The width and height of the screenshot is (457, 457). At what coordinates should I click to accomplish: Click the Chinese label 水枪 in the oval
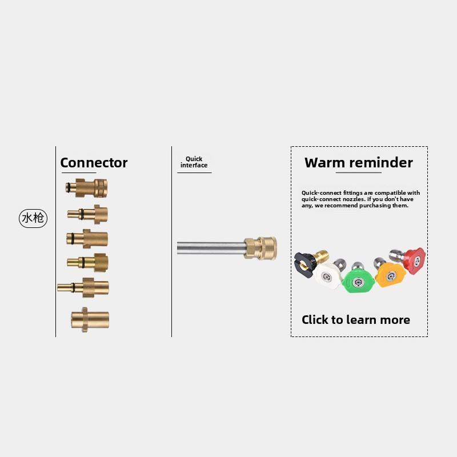[33, 218]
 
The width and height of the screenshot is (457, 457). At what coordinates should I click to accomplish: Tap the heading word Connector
[94, 163]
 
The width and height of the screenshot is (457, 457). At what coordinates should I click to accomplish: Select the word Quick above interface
[194, 159]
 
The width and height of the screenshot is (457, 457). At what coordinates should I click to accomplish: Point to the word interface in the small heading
[194, 165]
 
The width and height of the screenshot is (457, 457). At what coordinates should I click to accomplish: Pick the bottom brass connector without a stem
[90, 319]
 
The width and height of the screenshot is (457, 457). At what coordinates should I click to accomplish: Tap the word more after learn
[396, 320]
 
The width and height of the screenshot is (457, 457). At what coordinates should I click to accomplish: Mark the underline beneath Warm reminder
[358, 173]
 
